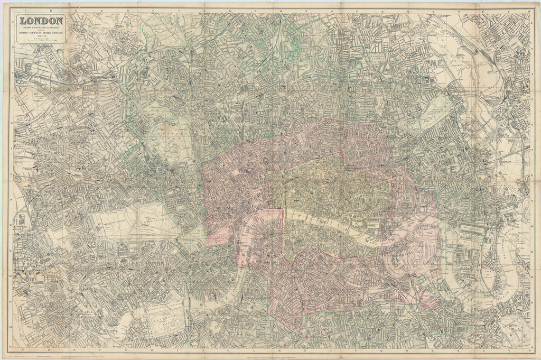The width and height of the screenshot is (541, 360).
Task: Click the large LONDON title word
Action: tap(42, 22)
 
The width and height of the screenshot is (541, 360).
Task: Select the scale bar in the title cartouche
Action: tap(42, 49)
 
